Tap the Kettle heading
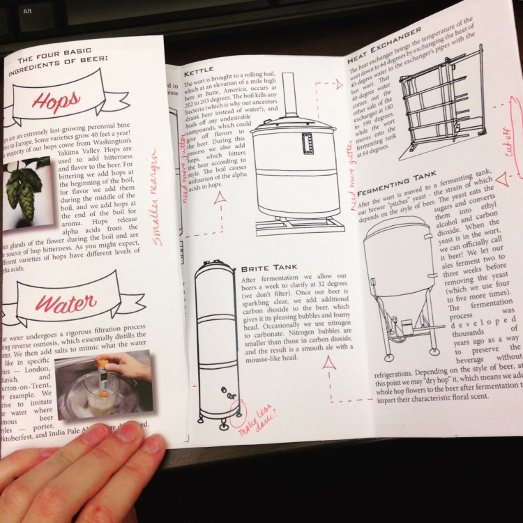point(198,72)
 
